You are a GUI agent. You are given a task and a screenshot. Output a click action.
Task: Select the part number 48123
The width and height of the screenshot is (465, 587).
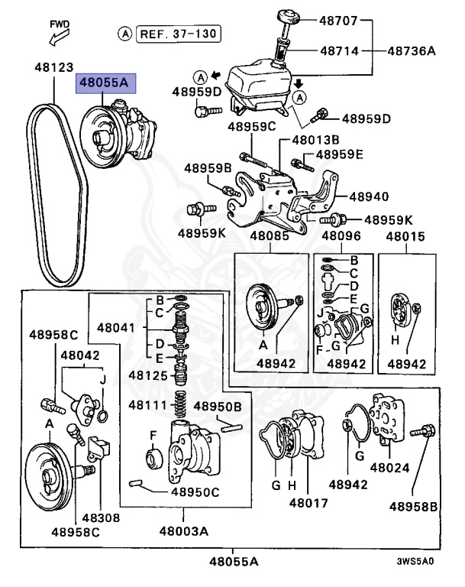point(53,66)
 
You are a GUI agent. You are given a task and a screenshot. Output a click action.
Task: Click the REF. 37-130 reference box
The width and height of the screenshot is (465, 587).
point(178,33)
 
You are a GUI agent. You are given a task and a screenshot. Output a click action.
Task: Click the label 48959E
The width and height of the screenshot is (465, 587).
point(341,154)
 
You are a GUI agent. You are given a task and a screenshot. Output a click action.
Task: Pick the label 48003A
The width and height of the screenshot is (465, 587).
point(186,530)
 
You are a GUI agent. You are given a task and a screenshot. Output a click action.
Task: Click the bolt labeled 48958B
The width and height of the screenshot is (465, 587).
point(423,433)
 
